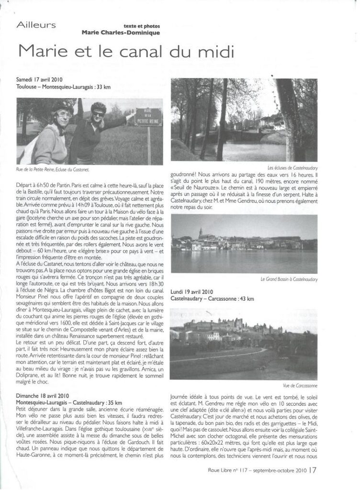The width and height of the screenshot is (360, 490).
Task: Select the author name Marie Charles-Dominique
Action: pyautogui.click(x=121, y=33)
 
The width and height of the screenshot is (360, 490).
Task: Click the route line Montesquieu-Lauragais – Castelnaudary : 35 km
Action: pyautogui.click(x=69, y=403)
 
